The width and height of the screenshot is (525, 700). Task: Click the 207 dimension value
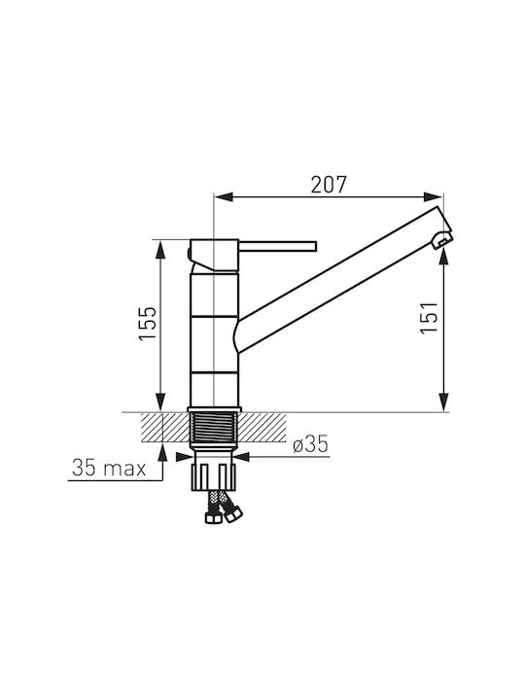click(x=329, y=185)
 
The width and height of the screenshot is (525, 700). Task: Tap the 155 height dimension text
click(x=148, y=324)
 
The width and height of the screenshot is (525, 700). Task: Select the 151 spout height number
click(x=429, y=317)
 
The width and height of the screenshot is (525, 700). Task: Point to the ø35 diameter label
click(x=311, y=444)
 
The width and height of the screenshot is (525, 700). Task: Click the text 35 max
click(x=109, y=469)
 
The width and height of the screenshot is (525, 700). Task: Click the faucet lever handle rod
click(x=278, y=246)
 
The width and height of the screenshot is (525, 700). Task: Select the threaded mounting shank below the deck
click(x=214, y=428)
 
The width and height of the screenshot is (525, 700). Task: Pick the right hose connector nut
click(x=231, y=515)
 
